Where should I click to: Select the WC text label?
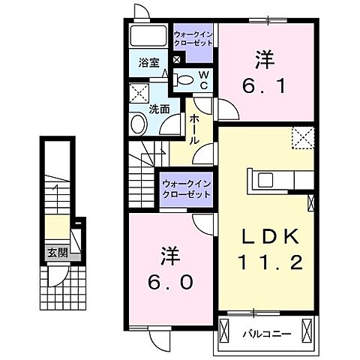coord(202,78)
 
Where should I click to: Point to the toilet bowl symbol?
coord(184,78)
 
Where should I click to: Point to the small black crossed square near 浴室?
coord(177,60)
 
